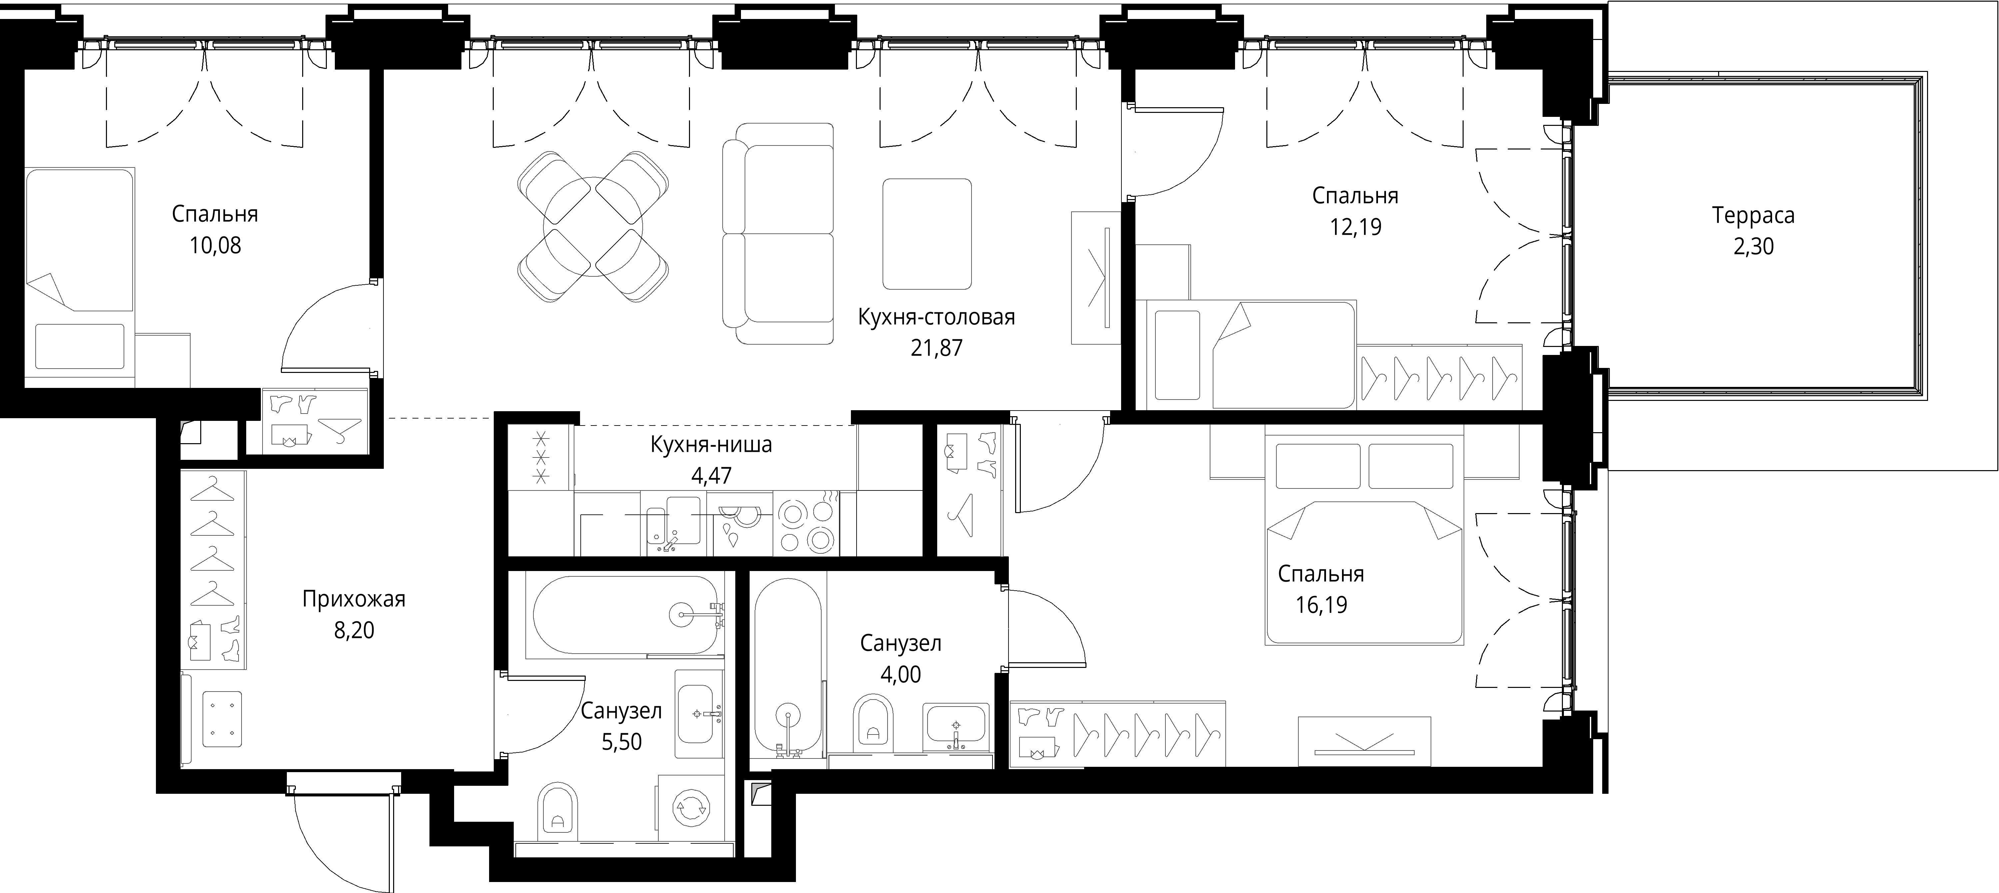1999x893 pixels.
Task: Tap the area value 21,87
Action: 937,348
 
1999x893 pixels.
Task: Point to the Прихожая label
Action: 354,599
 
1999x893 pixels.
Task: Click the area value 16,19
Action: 1321,604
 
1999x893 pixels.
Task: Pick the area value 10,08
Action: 215,246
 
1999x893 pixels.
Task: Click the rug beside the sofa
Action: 927,233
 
